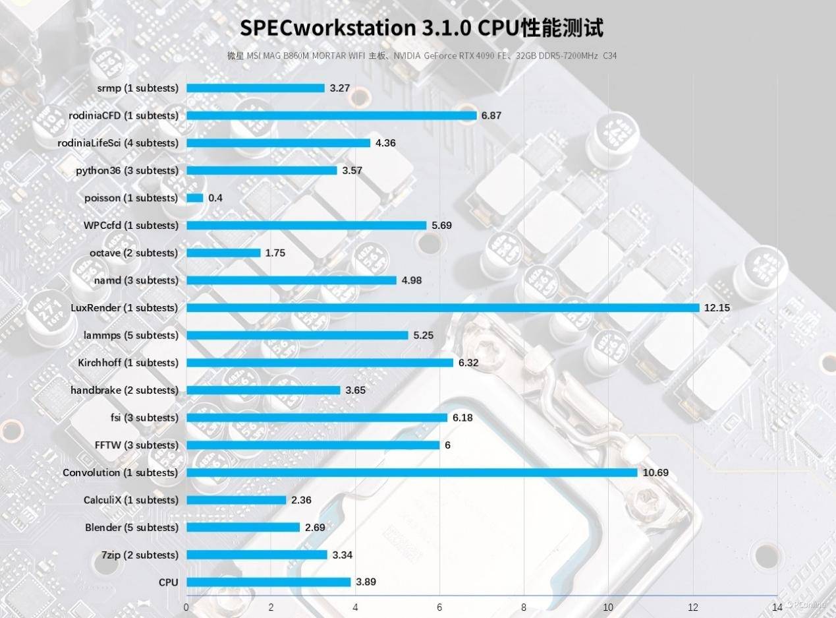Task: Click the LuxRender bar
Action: click(443, 308)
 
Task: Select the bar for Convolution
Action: click(412, 472)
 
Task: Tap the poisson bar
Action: click(195, 198)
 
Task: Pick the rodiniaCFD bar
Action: click(331, 115)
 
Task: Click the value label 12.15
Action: click(717, 308)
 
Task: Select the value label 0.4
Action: click(215, 198)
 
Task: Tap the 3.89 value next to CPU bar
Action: click(366, 582)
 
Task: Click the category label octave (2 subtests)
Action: click(134, 253)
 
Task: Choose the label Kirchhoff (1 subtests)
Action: click(128, 363)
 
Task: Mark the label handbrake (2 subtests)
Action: click(125, 390)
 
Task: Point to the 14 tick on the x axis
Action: click(777, 606)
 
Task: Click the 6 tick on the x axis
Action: click(439, 606)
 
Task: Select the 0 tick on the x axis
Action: click(186, 606)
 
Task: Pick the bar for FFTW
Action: click(313, 445)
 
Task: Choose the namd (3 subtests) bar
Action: click(292, 280)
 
